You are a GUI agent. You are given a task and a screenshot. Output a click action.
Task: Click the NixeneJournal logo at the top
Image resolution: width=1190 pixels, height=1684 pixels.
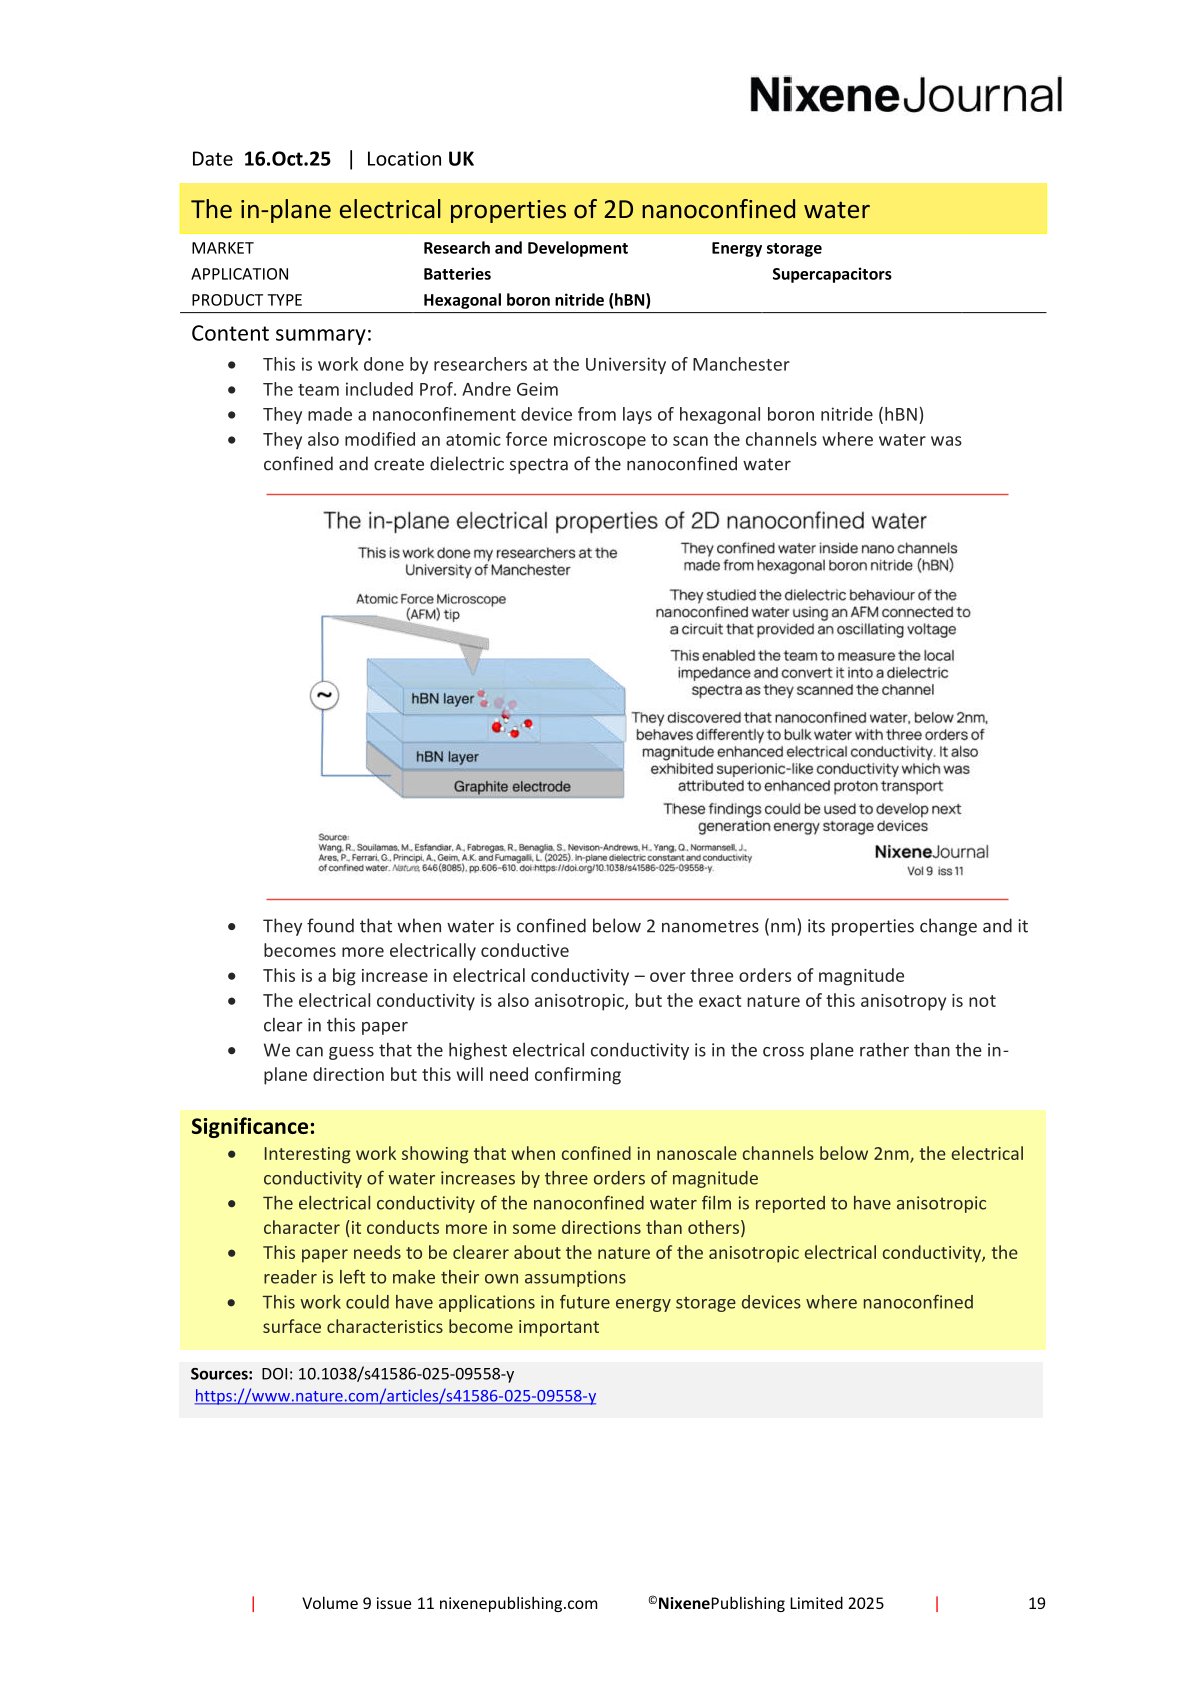(905, 96)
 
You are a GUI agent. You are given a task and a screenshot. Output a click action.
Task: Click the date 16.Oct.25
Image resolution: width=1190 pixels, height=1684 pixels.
(287, 159)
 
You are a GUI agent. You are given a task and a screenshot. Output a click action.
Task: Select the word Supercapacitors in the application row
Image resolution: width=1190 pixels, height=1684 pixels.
(831, 274)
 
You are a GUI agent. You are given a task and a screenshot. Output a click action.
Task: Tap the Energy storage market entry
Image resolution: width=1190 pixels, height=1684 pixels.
(766, 248)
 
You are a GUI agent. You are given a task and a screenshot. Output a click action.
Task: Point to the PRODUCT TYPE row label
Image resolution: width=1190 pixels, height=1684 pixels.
(246, 300)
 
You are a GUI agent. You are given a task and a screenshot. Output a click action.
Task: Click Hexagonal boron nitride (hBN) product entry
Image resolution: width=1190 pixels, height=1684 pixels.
(536, 300)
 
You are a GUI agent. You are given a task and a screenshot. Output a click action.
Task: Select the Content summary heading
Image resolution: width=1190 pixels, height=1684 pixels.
(281, 334)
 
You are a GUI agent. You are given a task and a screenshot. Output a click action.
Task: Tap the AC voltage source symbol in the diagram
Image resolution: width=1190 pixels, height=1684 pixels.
(324, 695)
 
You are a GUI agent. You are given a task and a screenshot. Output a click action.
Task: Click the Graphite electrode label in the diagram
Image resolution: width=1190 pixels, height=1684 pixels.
(511, 787)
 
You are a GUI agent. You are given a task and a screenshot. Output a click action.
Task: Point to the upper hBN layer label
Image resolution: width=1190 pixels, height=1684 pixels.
(442, 699)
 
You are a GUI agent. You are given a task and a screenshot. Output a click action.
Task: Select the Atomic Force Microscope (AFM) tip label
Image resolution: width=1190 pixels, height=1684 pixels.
(431, 606)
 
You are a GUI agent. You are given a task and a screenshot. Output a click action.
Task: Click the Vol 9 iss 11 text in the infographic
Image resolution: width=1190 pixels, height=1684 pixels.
(934, 871)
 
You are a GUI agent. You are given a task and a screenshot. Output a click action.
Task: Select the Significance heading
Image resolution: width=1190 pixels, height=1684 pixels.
(253, 1127)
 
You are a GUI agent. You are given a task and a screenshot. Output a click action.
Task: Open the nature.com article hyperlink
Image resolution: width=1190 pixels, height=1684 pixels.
(395, 1396)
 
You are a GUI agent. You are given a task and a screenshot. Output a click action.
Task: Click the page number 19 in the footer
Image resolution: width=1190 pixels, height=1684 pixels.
(1036, 1603)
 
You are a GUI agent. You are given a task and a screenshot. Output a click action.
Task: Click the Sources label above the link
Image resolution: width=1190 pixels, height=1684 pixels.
(221, 1374)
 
